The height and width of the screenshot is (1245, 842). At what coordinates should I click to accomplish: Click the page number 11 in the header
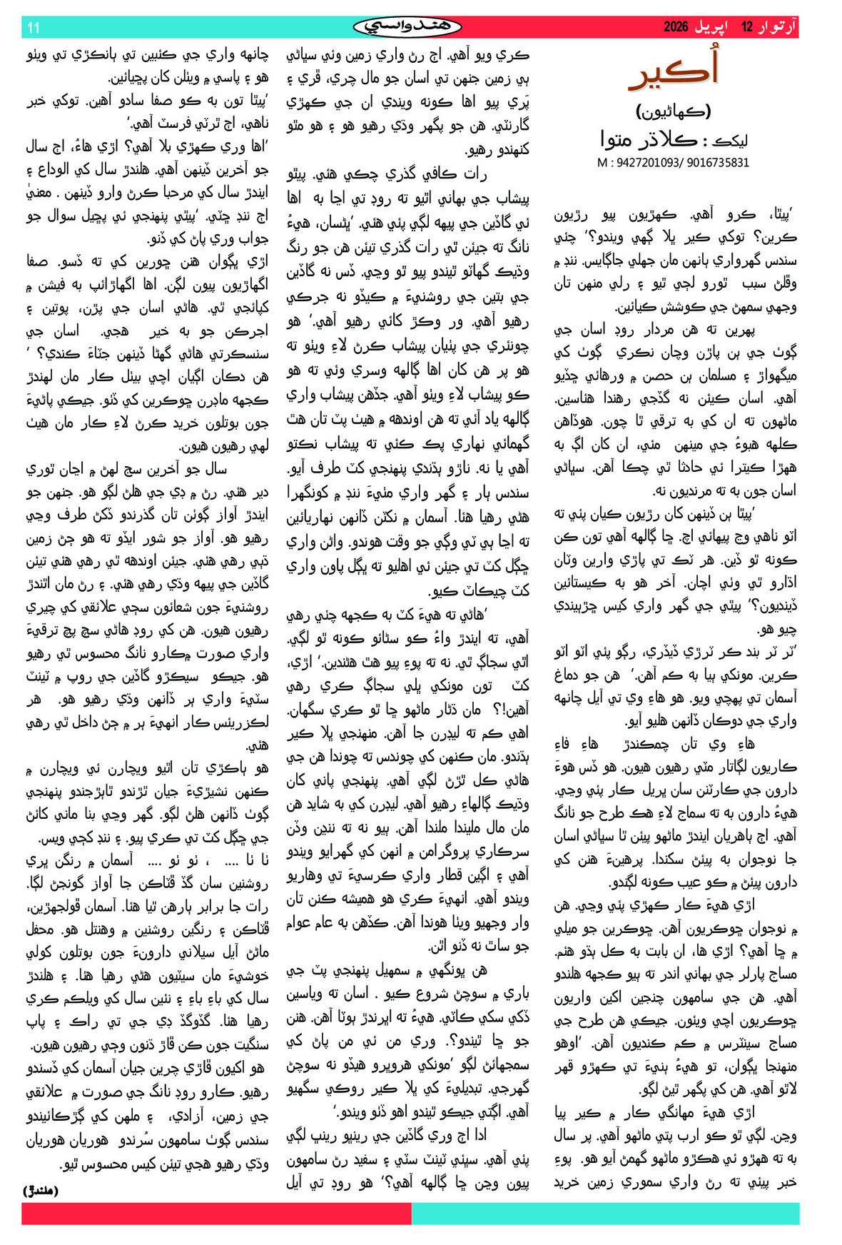click(x=34, y=28)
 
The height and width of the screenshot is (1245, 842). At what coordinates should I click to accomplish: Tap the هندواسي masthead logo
click(x=407, y=27)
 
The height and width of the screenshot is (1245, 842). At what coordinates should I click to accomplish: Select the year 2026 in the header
click(x=675, y=27)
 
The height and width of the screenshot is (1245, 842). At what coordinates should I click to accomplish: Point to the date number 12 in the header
click(x=747, y=27)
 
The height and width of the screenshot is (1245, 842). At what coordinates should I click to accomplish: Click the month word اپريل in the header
click(x=714, y=27)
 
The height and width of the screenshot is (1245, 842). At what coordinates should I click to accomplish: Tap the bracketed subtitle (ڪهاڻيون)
click(x=673, y=111)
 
